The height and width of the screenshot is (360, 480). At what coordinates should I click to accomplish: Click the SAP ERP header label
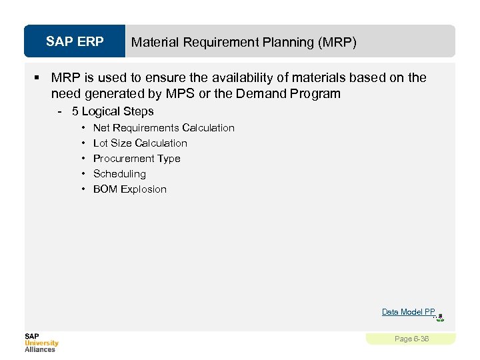(75, 42)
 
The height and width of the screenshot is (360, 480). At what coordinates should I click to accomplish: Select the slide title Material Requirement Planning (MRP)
(243, 43)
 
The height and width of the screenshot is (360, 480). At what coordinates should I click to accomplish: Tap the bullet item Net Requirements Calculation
(163, 127)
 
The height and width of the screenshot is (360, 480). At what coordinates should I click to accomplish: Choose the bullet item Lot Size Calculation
(140, 143)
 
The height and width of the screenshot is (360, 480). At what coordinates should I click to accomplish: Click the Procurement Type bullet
(137, 158)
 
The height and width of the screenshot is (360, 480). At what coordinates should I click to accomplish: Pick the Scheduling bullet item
(119, 173)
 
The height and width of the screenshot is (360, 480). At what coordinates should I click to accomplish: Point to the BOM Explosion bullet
(130, 189)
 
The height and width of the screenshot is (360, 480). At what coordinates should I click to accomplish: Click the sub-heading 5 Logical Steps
(113, 111)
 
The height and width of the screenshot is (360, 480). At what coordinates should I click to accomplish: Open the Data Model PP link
(408, 311)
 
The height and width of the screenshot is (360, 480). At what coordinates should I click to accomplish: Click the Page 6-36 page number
(411, 339)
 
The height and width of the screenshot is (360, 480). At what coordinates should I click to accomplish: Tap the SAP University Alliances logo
(41, 342)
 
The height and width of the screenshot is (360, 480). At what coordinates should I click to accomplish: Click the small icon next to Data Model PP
(440, 317)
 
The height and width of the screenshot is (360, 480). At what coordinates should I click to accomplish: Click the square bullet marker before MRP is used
(41, 78)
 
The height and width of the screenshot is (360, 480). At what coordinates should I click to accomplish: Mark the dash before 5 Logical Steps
(61, 111)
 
